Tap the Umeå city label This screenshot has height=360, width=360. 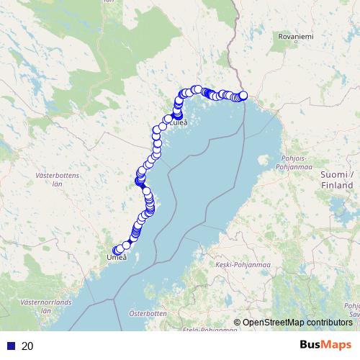click(117, 257)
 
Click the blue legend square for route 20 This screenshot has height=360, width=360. click(11, 346)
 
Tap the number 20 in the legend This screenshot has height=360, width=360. click(27, 346)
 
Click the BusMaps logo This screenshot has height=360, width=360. click(325, 345)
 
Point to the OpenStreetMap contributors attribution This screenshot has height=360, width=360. click(297, 323)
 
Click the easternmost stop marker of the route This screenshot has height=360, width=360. click(243, 96)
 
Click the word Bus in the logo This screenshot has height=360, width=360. click(312, 345)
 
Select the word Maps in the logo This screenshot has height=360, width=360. click(338, 345)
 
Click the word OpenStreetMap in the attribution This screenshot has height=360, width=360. click(274, 323)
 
